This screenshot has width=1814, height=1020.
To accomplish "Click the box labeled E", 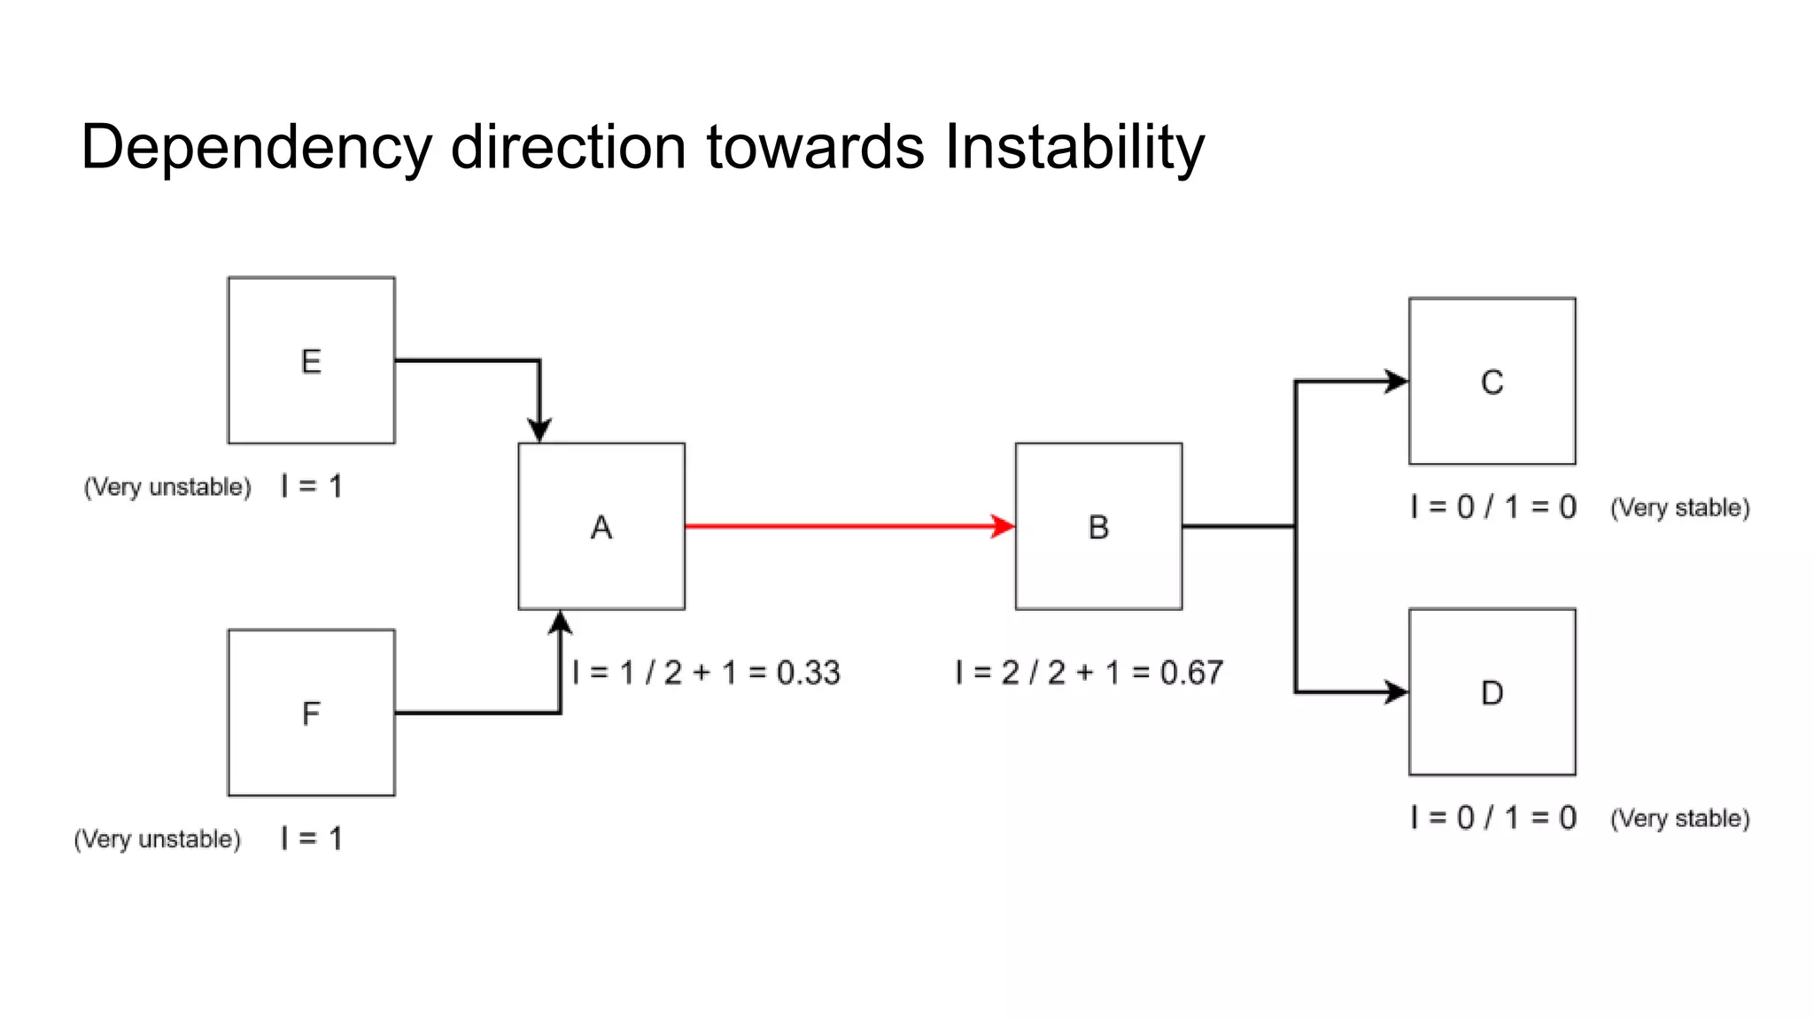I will click(x=311, y=360).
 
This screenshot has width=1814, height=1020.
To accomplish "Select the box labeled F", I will click(x=311, y=713).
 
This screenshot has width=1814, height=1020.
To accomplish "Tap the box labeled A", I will click(x=601, y=526).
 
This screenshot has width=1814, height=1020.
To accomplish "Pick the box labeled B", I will click(x=1098, y=526).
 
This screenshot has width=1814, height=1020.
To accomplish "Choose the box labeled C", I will click(x=1492, y=382).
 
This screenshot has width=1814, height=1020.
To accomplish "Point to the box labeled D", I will click(x=1492, y=692).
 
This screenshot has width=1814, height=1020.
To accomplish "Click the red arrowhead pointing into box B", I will click(x=1004, y=527).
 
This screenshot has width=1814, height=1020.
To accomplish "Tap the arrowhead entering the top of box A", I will click(x=539, y=431).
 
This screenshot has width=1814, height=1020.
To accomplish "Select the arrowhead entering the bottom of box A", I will click(x=560, y=622).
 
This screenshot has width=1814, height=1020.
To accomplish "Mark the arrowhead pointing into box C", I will click(x=1397, y=382).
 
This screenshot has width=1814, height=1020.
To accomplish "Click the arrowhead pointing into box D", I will click(x=1397, y=692).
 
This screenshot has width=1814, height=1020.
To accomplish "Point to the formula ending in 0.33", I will click(x=706, y=673).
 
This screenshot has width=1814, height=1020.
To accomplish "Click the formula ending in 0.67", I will click(x=1089, y=673).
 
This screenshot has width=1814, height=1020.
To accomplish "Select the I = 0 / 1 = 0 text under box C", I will click(x=1493, y=507).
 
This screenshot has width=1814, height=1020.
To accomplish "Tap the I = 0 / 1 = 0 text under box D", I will click(x=1493, y=817).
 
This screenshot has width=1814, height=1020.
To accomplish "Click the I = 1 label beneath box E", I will click(x=311, y=486).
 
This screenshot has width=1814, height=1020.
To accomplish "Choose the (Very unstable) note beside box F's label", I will click(x=158, y=838).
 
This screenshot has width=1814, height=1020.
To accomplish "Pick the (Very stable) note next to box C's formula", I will click(x=1679, y=507).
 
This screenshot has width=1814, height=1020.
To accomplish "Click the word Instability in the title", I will click(x=1074, y=146).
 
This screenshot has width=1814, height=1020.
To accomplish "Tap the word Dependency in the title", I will click(x=256, y=148).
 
